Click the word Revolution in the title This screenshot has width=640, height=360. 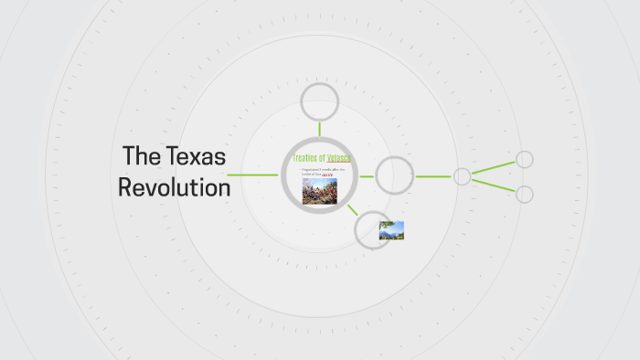174,188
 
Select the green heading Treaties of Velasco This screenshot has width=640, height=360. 322,159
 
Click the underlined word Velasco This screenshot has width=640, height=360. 340,159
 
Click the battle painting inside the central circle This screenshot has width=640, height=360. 320,191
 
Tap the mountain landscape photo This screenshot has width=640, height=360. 391,230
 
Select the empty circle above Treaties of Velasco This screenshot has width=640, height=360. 320,101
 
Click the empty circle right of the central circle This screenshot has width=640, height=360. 395,175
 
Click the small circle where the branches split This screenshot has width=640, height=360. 463,176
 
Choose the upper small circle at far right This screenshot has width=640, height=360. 525,160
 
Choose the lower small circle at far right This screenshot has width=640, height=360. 525,194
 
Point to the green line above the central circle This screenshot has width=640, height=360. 320,128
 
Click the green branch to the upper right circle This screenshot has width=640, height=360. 494,168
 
